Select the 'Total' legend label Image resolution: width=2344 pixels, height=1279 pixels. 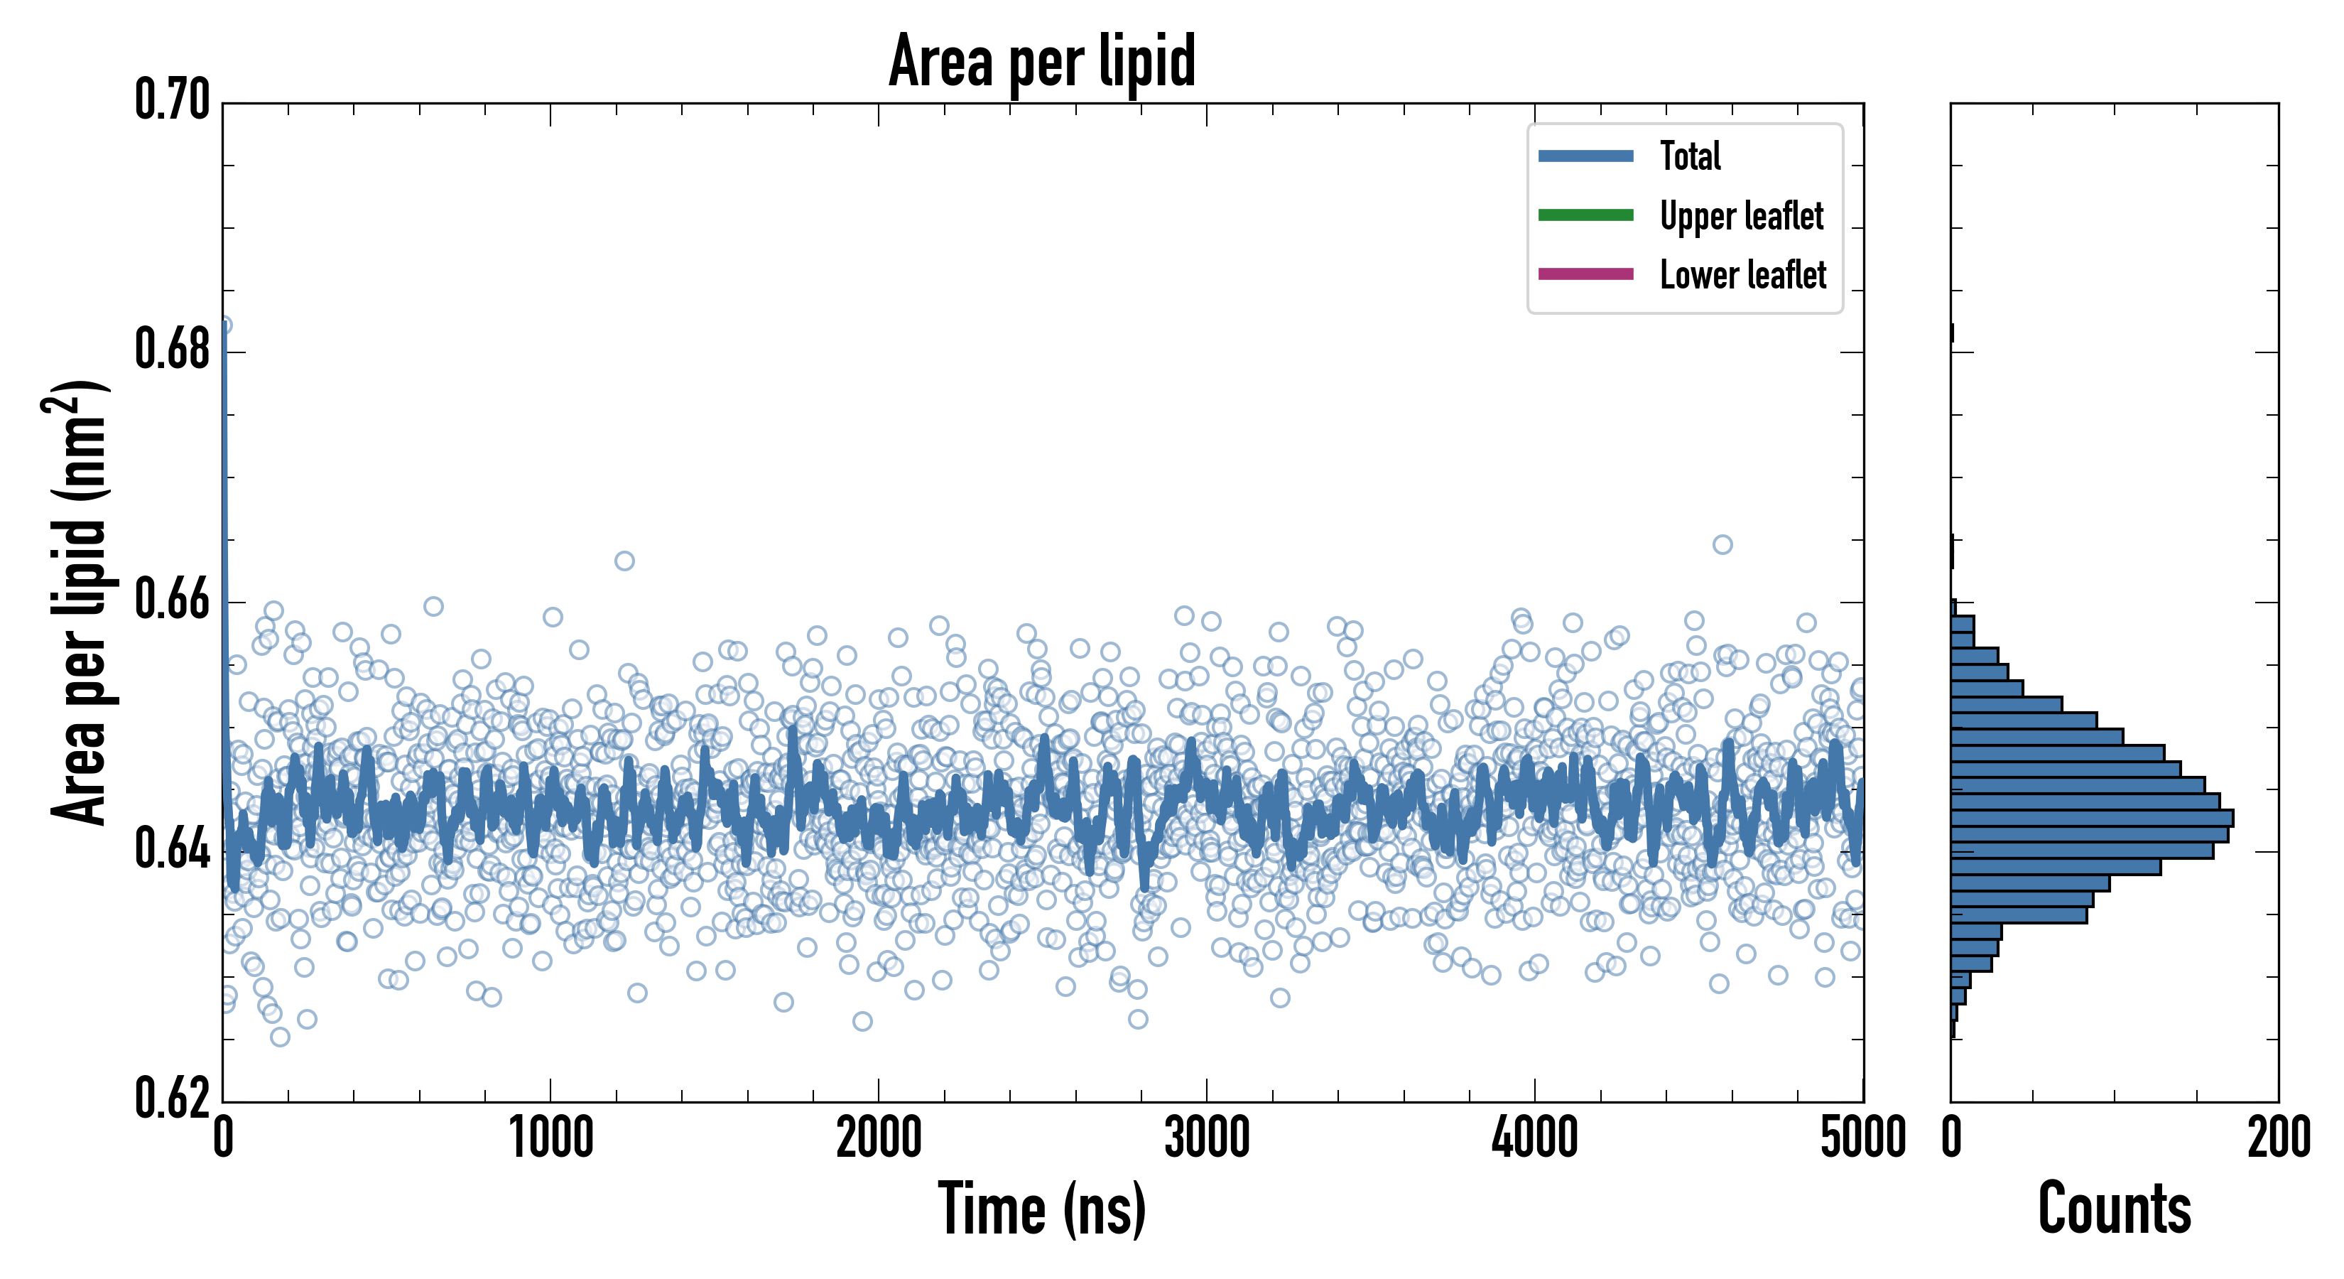click(x=1690, y=156)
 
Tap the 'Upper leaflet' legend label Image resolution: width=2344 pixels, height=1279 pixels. click(x=1742, y=217)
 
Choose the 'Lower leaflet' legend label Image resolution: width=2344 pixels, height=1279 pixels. click(x=1742, y=275)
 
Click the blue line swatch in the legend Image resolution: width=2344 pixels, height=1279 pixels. click(x=1585, y=156)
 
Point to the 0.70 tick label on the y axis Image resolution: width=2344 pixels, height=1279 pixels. click(x=172, y=100)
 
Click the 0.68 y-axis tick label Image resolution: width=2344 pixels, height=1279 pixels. click(x=172, y=350)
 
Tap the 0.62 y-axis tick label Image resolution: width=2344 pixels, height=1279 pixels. click(x=172, y=1099)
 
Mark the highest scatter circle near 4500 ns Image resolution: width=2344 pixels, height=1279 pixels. click(x=1722, y=544)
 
